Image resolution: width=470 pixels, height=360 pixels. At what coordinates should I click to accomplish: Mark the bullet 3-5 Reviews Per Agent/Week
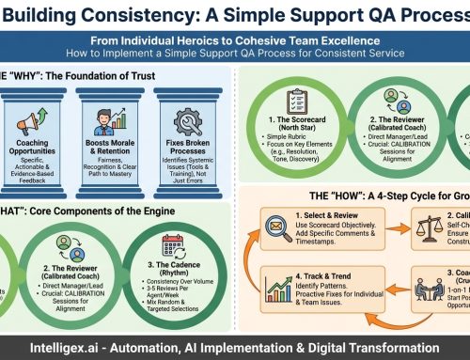pos(172,285)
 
